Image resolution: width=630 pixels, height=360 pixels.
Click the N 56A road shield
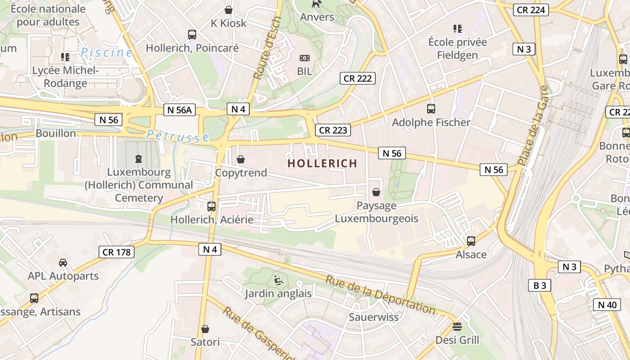pos(180,110)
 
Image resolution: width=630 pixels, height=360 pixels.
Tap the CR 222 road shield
pos(358,78)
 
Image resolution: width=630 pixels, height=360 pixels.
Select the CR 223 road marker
pos(333,130)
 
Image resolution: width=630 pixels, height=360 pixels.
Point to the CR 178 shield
pos(117,252)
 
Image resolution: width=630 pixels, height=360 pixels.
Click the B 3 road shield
pos(540,285)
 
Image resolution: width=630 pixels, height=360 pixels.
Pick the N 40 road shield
pos(607,305)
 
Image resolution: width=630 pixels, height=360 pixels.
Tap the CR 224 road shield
pos(531,9)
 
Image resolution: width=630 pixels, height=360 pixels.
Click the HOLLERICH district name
pos(322,163)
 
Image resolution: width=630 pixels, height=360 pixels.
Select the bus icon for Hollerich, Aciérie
pos(211,207)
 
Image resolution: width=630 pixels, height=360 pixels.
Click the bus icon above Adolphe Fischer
pos(431,108)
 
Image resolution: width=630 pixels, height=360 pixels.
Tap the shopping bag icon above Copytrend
pos(241,159)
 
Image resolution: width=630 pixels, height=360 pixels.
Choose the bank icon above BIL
pos(305,58)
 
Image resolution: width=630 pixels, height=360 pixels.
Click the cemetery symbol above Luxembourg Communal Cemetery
pos(139,158)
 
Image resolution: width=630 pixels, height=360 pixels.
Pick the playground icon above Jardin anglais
pos(278,280)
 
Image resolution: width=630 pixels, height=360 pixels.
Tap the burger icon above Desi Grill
pos(457,326)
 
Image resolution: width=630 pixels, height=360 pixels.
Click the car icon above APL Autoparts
pos(63,262)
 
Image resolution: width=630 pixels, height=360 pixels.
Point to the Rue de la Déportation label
pos(380,295)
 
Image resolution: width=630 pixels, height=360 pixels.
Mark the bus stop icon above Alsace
pos(471,241)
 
